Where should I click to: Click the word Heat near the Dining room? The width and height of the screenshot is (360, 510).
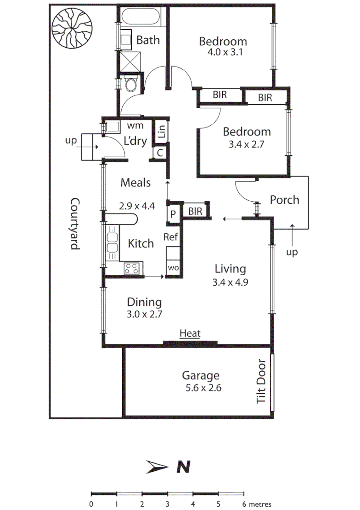pos(190,334)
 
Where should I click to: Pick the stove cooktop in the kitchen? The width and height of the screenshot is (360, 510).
pos(132,269)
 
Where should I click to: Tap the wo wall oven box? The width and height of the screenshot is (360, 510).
pos(173,268)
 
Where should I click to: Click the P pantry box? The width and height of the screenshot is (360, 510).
pos(173,213)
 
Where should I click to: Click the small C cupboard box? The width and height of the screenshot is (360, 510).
pos(160,153)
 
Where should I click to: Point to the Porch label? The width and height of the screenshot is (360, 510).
pos(284,200)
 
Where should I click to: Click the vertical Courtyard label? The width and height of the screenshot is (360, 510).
pos(75,224)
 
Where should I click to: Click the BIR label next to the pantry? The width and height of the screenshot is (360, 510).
pos(195,212)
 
